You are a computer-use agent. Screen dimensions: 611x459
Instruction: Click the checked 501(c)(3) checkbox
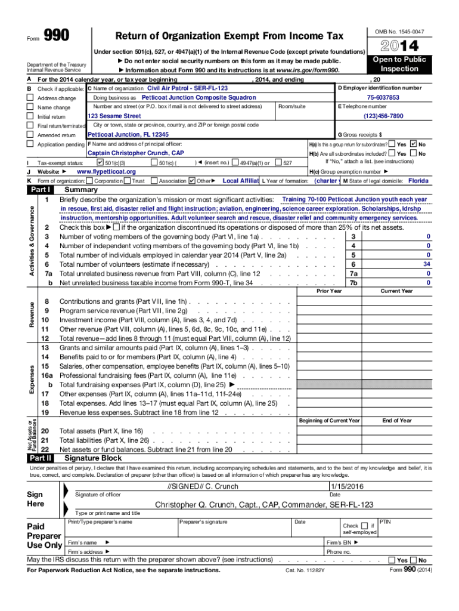pyautogui.click(x=100, y=162)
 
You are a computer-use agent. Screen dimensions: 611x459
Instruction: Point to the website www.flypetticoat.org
pyautogui.click(x=107, y=171)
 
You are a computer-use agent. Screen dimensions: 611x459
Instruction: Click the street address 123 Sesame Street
pyautogui.click(x=114, y=116)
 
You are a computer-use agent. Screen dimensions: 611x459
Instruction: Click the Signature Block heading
pyautogui.click(x=93, y=458)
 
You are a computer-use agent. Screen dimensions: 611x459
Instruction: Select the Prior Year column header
pyautogui.click(x=329, y=291)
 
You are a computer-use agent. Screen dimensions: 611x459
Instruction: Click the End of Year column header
pyautogui.click(x=397, y=421)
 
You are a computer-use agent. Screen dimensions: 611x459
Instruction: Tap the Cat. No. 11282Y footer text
pyautogui.click(x=305, y=570)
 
